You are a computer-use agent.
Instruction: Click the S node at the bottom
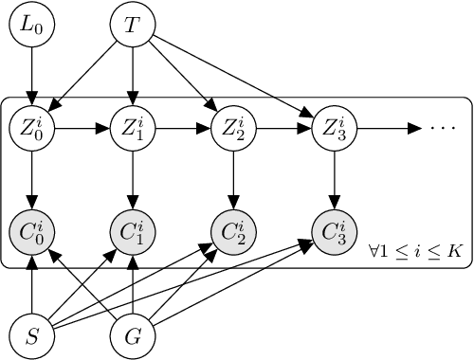[x=32, y=334]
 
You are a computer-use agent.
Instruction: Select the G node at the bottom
[x=133, y=334]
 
